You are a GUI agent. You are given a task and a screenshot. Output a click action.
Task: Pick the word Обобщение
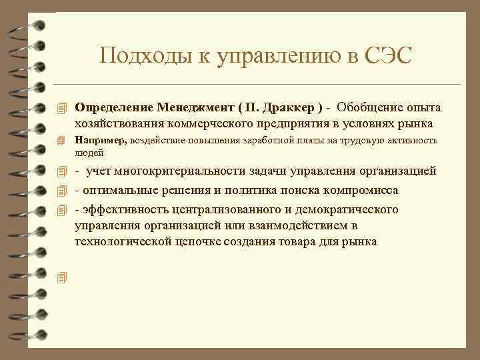(370, 107)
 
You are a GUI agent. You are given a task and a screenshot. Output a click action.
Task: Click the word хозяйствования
(117, 123)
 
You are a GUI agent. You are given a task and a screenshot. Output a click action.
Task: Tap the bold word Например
(101, 141)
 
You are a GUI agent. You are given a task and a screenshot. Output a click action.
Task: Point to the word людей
(89, 153)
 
